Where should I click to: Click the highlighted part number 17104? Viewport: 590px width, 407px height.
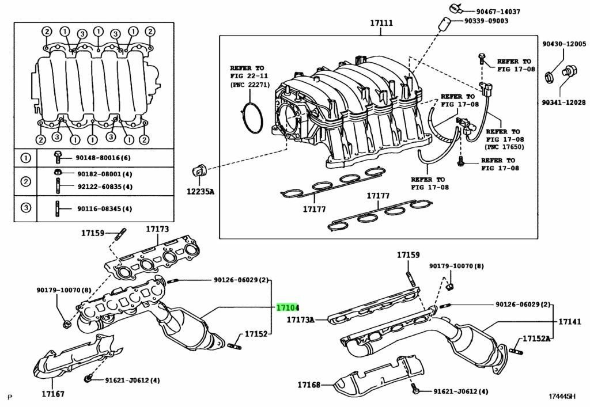(288, 308)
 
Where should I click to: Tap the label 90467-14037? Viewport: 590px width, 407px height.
(498, 11)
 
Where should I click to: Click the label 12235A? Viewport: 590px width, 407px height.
(200, 192)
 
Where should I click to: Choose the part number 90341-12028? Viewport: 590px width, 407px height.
(563, 102)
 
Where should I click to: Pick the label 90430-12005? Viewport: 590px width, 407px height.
(563, 44)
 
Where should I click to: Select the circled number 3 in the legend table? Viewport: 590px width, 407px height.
(26, 208)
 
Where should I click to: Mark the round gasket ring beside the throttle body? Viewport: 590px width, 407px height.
(252, 119)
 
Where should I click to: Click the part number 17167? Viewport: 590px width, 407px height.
(52, 394)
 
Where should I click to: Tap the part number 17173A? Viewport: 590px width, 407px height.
(301, 319)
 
